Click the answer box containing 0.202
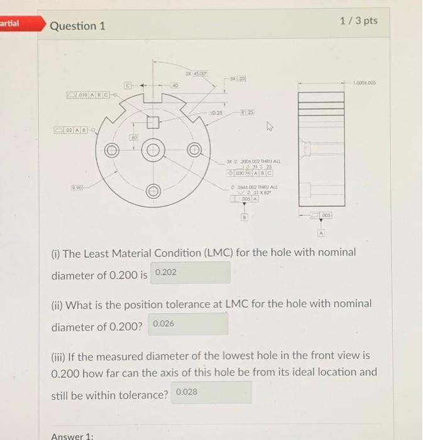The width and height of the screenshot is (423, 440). point(190,273)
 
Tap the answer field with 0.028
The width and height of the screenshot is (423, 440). point(211,392)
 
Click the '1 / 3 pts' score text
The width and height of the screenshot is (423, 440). point(358,21)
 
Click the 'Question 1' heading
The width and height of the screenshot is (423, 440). point(77,26)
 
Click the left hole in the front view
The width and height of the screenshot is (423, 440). point(113,151)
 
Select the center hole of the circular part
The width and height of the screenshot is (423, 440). point(153,151)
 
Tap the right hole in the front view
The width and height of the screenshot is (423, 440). point(194,151)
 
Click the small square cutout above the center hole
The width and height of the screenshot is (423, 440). point(152,122)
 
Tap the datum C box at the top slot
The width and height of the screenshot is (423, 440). point(128,82)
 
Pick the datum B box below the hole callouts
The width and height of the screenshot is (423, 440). point(243,217)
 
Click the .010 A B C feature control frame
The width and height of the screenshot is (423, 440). point(88,94)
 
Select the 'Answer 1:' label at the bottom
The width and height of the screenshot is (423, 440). point(71,436)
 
